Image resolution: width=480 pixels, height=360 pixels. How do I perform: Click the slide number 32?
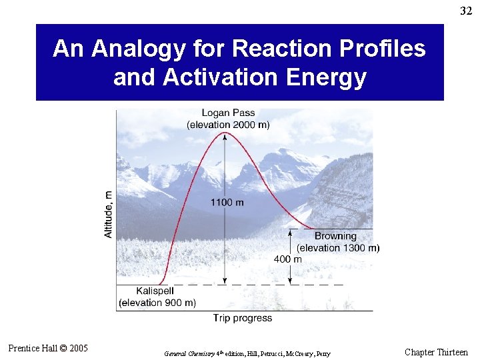coord(466,10)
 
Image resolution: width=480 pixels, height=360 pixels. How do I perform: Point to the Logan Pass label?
coord(228,114)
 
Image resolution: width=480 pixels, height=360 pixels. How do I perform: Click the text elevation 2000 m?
coord(228,125)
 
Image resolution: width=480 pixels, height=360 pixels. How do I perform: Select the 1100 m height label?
coord(227,202)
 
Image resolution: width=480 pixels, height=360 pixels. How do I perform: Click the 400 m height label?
coord(288,259)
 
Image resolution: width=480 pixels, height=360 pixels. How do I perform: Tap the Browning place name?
coord(335,236)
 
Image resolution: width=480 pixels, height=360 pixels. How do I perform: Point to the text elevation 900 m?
coord(157,303)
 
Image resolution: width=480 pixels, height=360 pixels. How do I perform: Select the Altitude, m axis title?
coord(109,214)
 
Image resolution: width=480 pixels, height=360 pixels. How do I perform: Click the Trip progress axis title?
coord(243,318)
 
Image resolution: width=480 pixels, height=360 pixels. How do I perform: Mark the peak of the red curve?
coord(225,132)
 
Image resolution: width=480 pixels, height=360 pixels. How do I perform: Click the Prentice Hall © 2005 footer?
coord(48,348)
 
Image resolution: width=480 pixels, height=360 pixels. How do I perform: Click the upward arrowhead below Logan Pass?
coord(225,137)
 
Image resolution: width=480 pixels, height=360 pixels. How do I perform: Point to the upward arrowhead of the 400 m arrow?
coord(291,232)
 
